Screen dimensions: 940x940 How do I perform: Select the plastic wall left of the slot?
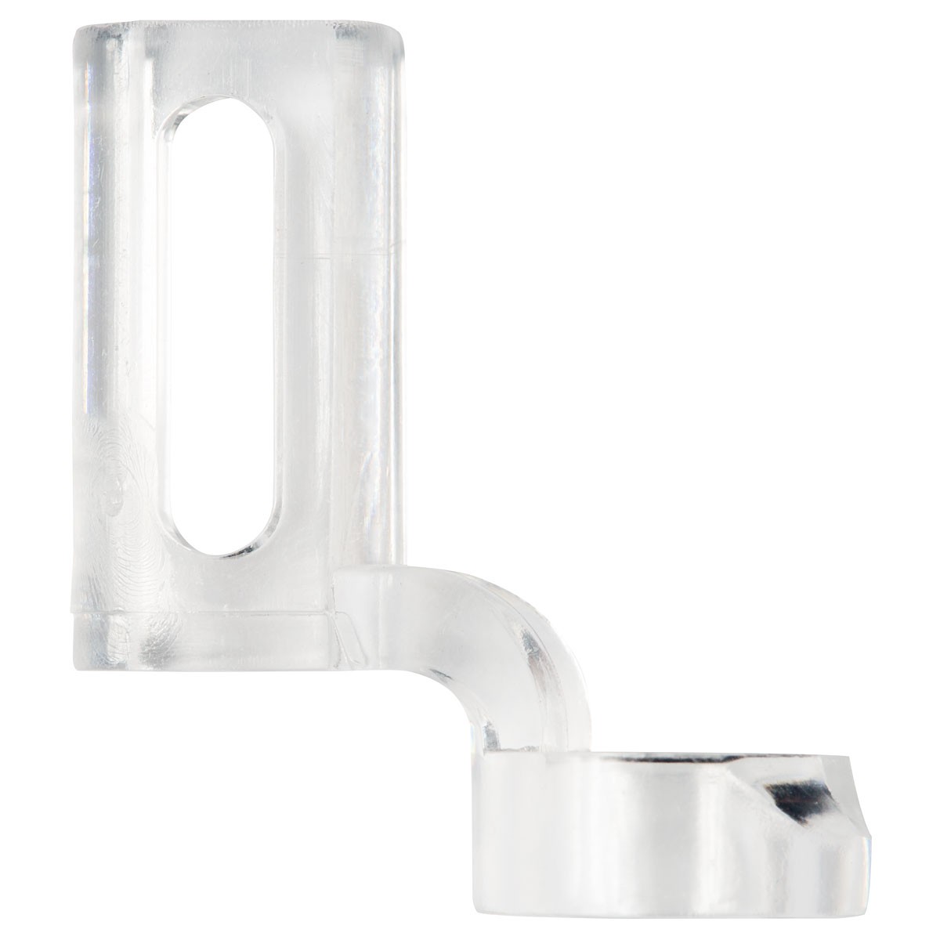(117, 313)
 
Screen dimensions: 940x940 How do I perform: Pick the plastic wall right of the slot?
(337, 352)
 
